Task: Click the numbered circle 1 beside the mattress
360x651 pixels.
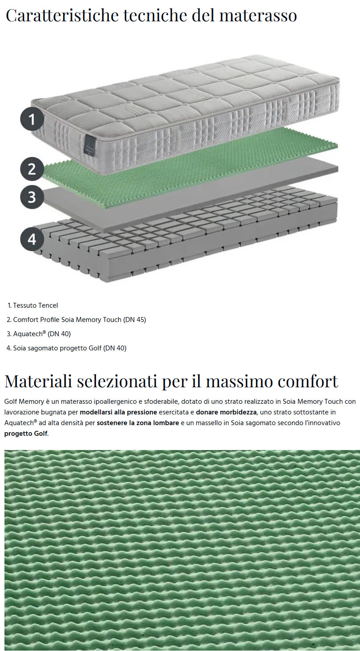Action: click(32, 119)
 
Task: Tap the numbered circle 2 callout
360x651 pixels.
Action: click(32, 169)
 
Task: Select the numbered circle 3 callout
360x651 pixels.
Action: click(32, 197)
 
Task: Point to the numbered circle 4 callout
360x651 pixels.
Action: click(32, 240)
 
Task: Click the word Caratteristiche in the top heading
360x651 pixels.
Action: click(62, 16)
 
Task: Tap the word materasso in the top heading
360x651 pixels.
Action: click(258, 16)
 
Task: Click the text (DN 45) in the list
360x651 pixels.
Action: click(135, 320)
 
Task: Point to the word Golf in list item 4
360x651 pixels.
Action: click(95, 348)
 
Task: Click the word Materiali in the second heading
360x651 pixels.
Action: click(38, 381)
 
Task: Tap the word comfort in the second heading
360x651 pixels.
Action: click(308, 382)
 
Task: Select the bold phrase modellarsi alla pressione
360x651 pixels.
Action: click(118, 412)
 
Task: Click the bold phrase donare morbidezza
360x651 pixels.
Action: click(226, 412)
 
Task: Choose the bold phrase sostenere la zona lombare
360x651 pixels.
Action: click(138, 423)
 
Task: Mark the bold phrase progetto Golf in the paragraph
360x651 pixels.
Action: click(26, 434)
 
